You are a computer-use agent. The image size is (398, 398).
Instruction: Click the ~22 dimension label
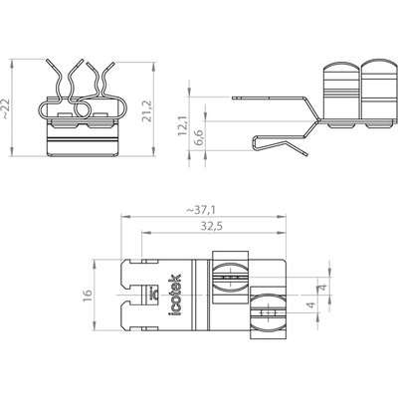click(x=7, y=108)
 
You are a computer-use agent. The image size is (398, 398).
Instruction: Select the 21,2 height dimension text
click(x=146, y=111)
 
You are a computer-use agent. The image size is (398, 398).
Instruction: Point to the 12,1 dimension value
click(x=182, y=125)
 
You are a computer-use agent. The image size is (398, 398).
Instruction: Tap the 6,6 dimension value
click(x=199, y=136)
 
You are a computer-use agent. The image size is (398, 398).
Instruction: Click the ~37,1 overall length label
click(x=201, y=210)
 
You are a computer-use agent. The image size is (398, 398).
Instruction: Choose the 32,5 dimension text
click(x=211, y=227)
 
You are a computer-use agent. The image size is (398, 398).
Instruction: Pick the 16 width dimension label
click(x=88, y=295)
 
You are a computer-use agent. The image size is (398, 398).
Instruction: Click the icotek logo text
click(x=175, y=295)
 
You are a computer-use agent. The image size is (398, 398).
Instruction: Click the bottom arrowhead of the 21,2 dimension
click(x=153, y=152)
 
